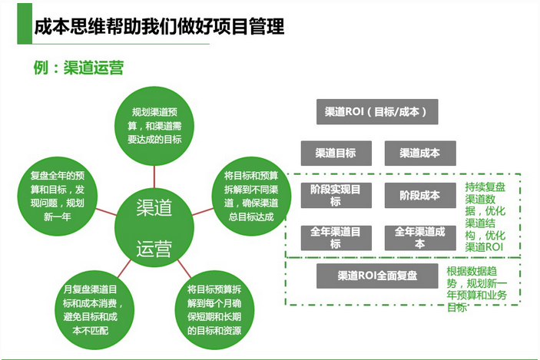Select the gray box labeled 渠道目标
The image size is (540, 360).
335,153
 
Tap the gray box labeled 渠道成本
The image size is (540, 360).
419,153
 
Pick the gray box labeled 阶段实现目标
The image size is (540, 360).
335,195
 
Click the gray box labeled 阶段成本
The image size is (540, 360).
419,195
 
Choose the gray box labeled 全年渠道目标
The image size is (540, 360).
335,237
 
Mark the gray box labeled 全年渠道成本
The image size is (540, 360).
419,237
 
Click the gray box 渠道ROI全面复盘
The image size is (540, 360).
377,276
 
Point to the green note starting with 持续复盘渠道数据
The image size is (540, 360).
485,217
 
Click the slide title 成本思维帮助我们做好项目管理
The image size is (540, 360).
160,27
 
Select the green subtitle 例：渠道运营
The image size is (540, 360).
78,67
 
